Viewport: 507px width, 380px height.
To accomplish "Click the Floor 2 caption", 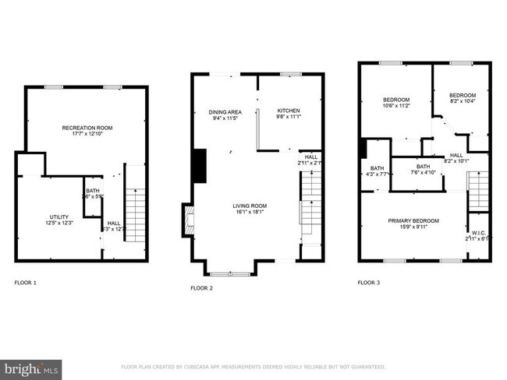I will (201, 287).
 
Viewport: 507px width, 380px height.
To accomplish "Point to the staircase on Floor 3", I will (477, 192).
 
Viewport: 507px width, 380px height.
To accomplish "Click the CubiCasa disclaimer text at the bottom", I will (253, 366).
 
